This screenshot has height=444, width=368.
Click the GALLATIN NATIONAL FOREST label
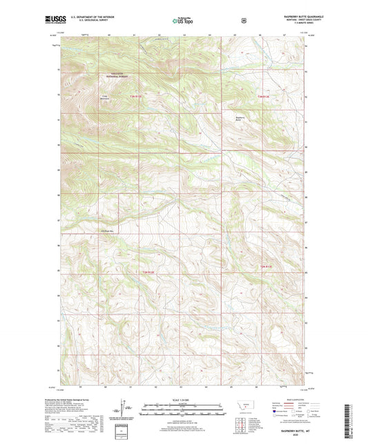[118, 78]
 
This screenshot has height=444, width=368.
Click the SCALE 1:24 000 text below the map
[183, 398]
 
